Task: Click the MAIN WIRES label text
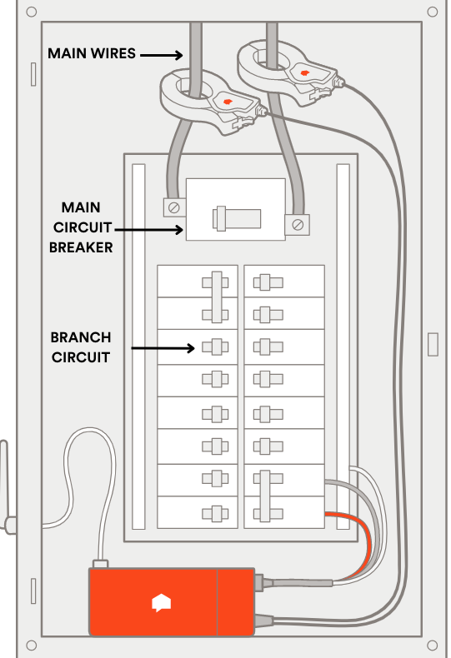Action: pos(91,53)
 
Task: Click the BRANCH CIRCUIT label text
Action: pos(80,347)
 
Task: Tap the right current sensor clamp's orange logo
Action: pos(303,74)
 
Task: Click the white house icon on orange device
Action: pos(160,602)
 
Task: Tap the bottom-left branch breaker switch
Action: pos(215,511)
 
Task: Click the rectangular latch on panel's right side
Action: pos(432,343)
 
